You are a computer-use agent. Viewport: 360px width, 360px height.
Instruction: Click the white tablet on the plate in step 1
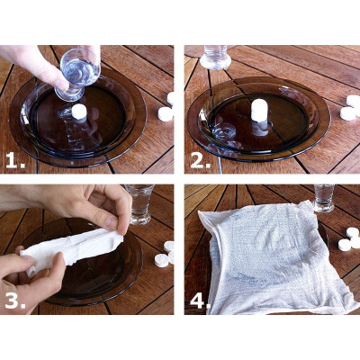79,112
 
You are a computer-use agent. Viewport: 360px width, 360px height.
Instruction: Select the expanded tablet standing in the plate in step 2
259,110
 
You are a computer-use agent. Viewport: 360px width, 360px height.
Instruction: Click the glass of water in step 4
324,198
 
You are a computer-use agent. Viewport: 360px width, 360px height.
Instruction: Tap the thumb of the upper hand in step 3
106,222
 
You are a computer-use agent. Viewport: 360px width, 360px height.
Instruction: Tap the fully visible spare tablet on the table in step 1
165,114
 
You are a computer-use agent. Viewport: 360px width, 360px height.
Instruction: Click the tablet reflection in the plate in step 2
259,130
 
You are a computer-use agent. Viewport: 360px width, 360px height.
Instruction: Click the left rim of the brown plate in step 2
193,117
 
